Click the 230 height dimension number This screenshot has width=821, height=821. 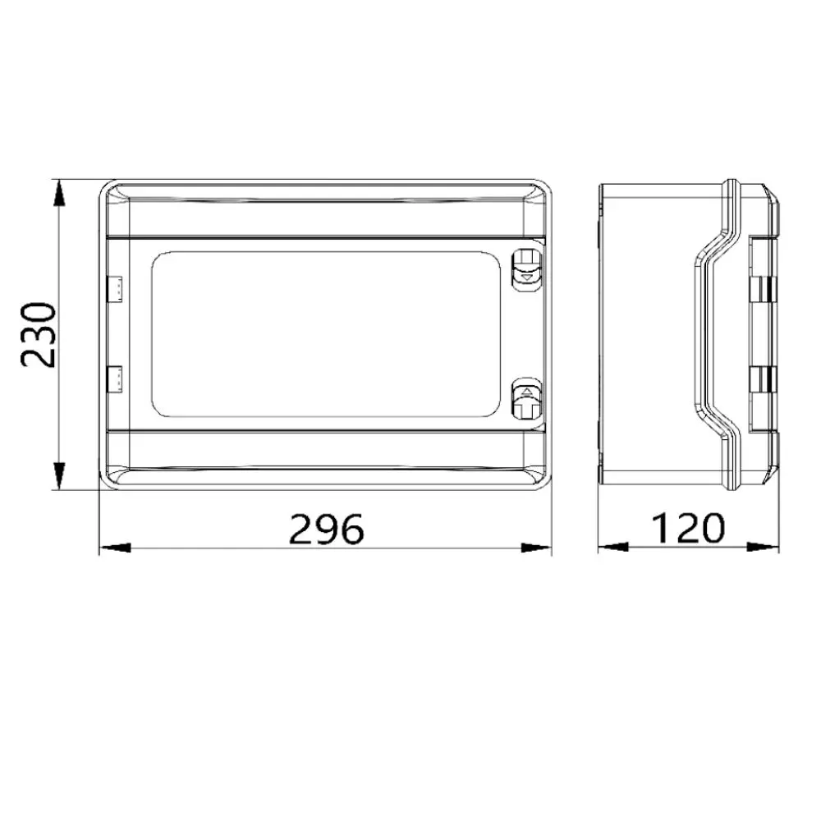pos(38,334)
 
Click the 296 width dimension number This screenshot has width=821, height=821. pos(326,528)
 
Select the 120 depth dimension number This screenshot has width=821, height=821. pos(688,528)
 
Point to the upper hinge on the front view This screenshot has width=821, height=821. pos(115,289)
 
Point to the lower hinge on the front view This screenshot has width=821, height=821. pos(115,379)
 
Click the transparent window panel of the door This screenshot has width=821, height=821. pos(326,334)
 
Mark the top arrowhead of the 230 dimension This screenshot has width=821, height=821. pos(60,193)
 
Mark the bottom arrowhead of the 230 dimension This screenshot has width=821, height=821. pos(60,476)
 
